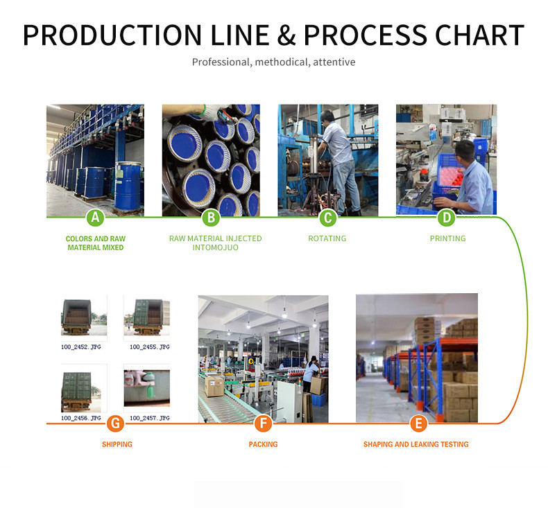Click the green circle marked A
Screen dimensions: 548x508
96,218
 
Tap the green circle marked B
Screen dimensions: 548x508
211,218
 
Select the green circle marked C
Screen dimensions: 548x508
328,218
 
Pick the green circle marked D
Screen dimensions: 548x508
446,218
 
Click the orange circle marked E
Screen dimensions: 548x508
418,423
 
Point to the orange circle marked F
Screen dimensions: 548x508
263,423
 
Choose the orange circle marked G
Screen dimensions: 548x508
115,423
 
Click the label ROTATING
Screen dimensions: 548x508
327,238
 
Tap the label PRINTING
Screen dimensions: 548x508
447,238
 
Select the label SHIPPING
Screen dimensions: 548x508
117,444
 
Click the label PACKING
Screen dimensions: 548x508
263,444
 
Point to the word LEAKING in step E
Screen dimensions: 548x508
425,444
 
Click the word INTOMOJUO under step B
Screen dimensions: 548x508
215,247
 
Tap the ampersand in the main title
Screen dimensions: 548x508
286,35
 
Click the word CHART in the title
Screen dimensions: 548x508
479,35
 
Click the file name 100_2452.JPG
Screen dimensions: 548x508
81,347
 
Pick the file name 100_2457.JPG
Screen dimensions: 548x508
150,418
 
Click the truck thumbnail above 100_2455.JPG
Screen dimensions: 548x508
147,316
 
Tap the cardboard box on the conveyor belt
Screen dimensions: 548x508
214,386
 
